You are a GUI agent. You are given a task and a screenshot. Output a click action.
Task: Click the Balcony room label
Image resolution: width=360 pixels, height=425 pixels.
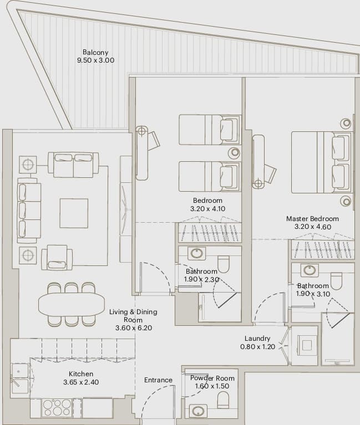pyautogui.click(x=95, y=52)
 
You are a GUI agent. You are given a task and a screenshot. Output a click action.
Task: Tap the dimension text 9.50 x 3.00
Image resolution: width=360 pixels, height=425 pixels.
pyautogui.click(x=95, y=60)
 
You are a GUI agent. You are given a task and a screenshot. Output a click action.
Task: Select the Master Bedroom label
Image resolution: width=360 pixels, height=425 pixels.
pyautogui.click(x=312, y=218)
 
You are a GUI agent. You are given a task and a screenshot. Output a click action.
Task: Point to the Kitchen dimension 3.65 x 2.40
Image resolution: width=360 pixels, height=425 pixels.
pyautogui.click(x=81, y=382)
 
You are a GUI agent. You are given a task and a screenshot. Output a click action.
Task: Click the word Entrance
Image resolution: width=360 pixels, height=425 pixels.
pyautogui.click(x=158, y=380)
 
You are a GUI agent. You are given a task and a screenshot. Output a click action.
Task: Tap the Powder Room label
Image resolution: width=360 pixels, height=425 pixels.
pyautogui.click(x=212, y=378)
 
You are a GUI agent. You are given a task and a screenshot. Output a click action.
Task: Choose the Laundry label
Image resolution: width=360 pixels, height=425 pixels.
pyautogui.click(x=257, y=338)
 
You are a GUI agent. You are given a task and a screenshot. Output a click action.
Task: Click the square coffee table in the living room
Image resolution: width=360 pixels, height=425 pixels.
pyautogui.click(x=74, y=213)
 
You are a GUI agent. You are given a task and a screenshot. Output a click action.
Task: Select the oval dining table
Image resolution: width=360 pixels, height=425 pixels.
pyautogui.click(x=72, y=304)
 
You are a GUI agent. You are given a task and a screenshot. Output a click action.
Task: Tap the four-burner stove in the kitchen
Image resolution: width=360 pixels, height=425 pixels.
pyautogui.click(x=57, y=408)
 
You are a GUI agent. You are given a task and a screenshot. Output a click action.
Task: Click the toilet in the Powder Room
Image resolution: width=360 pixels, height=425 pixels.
pyautogui.click(x=224, y=400)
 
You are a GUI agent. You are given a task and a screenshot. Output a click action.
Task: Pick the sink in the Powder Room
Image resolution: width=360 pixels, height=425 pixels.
pyautogui.click(x=197, y=412)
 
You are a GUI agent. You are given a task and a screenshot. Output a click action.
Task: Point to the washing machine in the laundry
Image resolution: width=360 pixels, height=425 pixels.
pyautogui.click(x=307, y=345)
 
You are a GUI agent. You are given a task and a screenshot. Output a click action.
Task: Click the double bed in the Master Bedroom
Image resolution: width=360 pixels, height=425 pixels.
pyautogui.click(x=322, y=162)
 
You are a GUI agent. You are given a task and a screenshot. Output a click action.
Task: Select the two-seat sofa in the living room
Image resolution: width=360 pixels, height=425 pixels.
pyautogui.click(x=73, y=165)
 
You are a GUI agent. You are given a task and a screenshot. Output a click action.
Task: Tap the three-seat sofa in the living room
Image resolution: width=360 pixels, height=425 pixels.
pyautogui.click(x=29, y=211)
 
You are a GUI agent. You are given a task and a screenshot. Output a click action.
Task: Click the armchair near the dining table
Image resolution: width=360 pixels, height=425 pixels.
pyautogui.click(x=57, y=258)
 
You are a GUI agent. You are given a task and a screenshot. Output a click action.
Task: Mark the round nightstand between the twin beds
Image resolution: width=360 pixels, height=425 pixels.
pyautogui.click(x=235, y=152)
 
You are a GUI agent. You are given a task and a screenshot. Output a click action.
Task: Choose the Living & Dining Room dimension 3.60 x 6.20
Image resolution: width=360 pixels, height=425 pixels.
pyautogui.click(x=134, y=327)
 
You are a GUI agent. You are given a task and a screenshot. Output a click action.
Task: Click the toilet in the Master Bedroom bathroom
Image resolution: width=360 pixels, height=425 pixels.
pyautogui.click(x=336, y=281)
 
